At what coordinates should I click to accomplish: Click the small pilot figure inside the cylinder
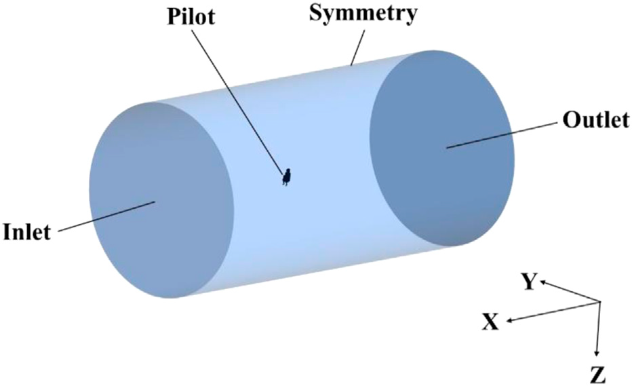(287, 176)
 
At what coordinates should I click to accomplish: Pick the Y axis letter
(529, 281)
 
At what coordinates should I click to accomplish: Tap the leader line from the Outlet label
(502, 135)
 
